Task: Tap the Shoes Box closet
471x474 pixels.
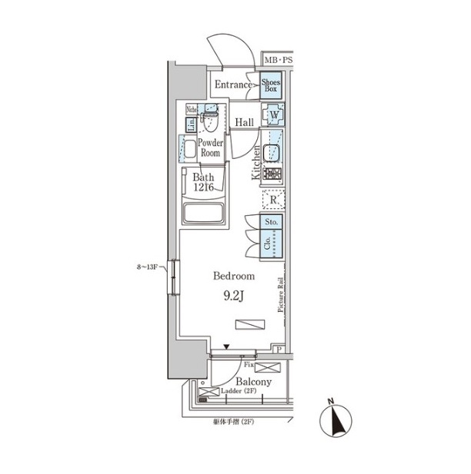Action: (x=271, y=85)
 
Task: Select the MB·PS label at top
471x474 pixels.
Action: (x=279, y=60)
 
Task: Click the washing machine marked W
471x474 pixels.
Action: (x=274, y=116)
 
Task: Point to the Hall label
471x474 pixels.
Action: (x=245, y=123)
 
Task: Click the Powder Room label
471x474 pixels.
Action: (x=211, y=148)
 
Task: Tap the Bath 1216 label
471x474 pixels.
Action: (x=203, y=184)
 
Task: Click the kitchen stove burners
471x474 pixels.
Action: (x=272, y=174)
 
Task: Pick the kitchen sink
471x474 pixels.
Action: (x=272, y=151)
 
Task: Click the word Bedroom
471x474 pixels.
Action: (x=233, y=276)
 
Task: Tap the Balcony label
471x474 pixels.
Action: (x=253, y=382)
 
